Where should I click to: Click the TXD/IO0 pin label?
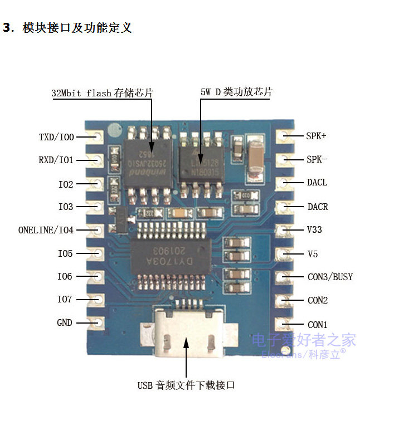pyautogui.click(x=56, y=136)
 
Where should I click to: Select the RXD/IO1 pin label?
pyautogui.click(x=56, y=160)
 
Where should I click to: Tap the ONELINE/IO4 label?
pyautogui.click(x=46, y=229)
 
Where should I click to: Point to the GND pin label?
pyautogui.click(x=65, y=322)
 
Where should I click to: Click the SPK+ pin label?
pyautogui.click(x=316, y=135)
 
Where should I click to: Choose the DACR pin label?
pyautogui.click(x=318, y=207)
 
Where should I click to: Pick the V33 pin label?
pyautogui.click(x=314, y=229)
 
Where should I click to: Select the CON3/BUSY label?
pyautogui.click(x=330, y=277)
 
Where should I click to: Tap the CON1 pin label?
pyautogui.click(x=318, y=325)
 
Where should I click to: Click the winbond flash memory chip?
pyautogui.click(x=145, y=162)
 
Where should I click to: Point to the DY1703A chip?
pyautogui.click(x=172, y=256)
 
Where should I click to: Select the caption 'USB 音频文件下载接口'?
pyautogui.click(x=186, y=385)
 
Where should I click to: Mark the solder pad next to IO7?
pyautogui.click(x=96, y=300)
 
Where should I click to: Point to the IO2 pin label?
pyautogui.click(x=66, y=184)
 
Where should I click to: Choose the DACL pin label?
pyautogui.click(x=317, y=183)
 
